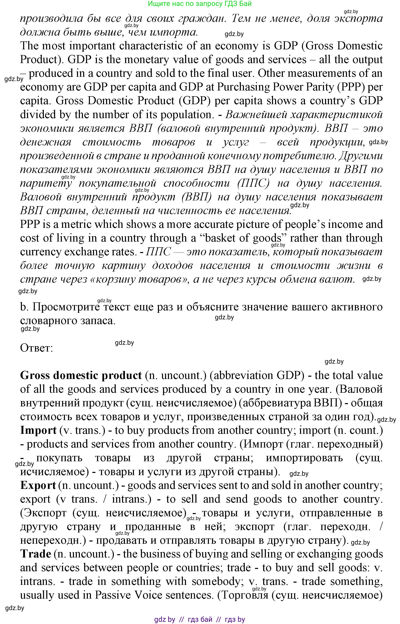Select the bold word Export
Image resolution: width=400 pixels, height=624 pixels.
[38, 485]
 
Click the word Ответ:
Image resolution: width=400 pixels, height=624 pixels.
[36, 348]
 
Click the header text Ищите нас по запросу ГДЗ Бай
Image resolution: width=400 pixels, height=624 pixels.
[199, 4]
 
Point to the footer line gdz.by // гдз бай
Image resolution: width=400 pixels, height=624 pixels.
[199, 619]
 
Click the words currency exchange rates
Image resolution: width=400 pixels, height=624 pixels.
[78, 252]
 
